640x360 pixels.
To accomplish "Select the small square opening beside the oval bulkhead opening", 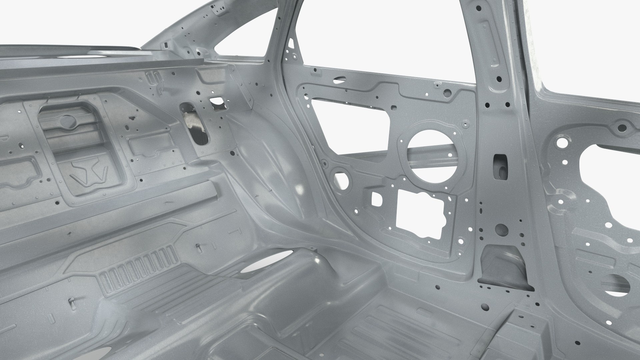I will pyautogui.click(x=218, y=103).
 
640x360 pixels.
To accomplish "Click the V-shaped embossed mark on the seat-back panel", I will pyautogui.click(x=89, y=170).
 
